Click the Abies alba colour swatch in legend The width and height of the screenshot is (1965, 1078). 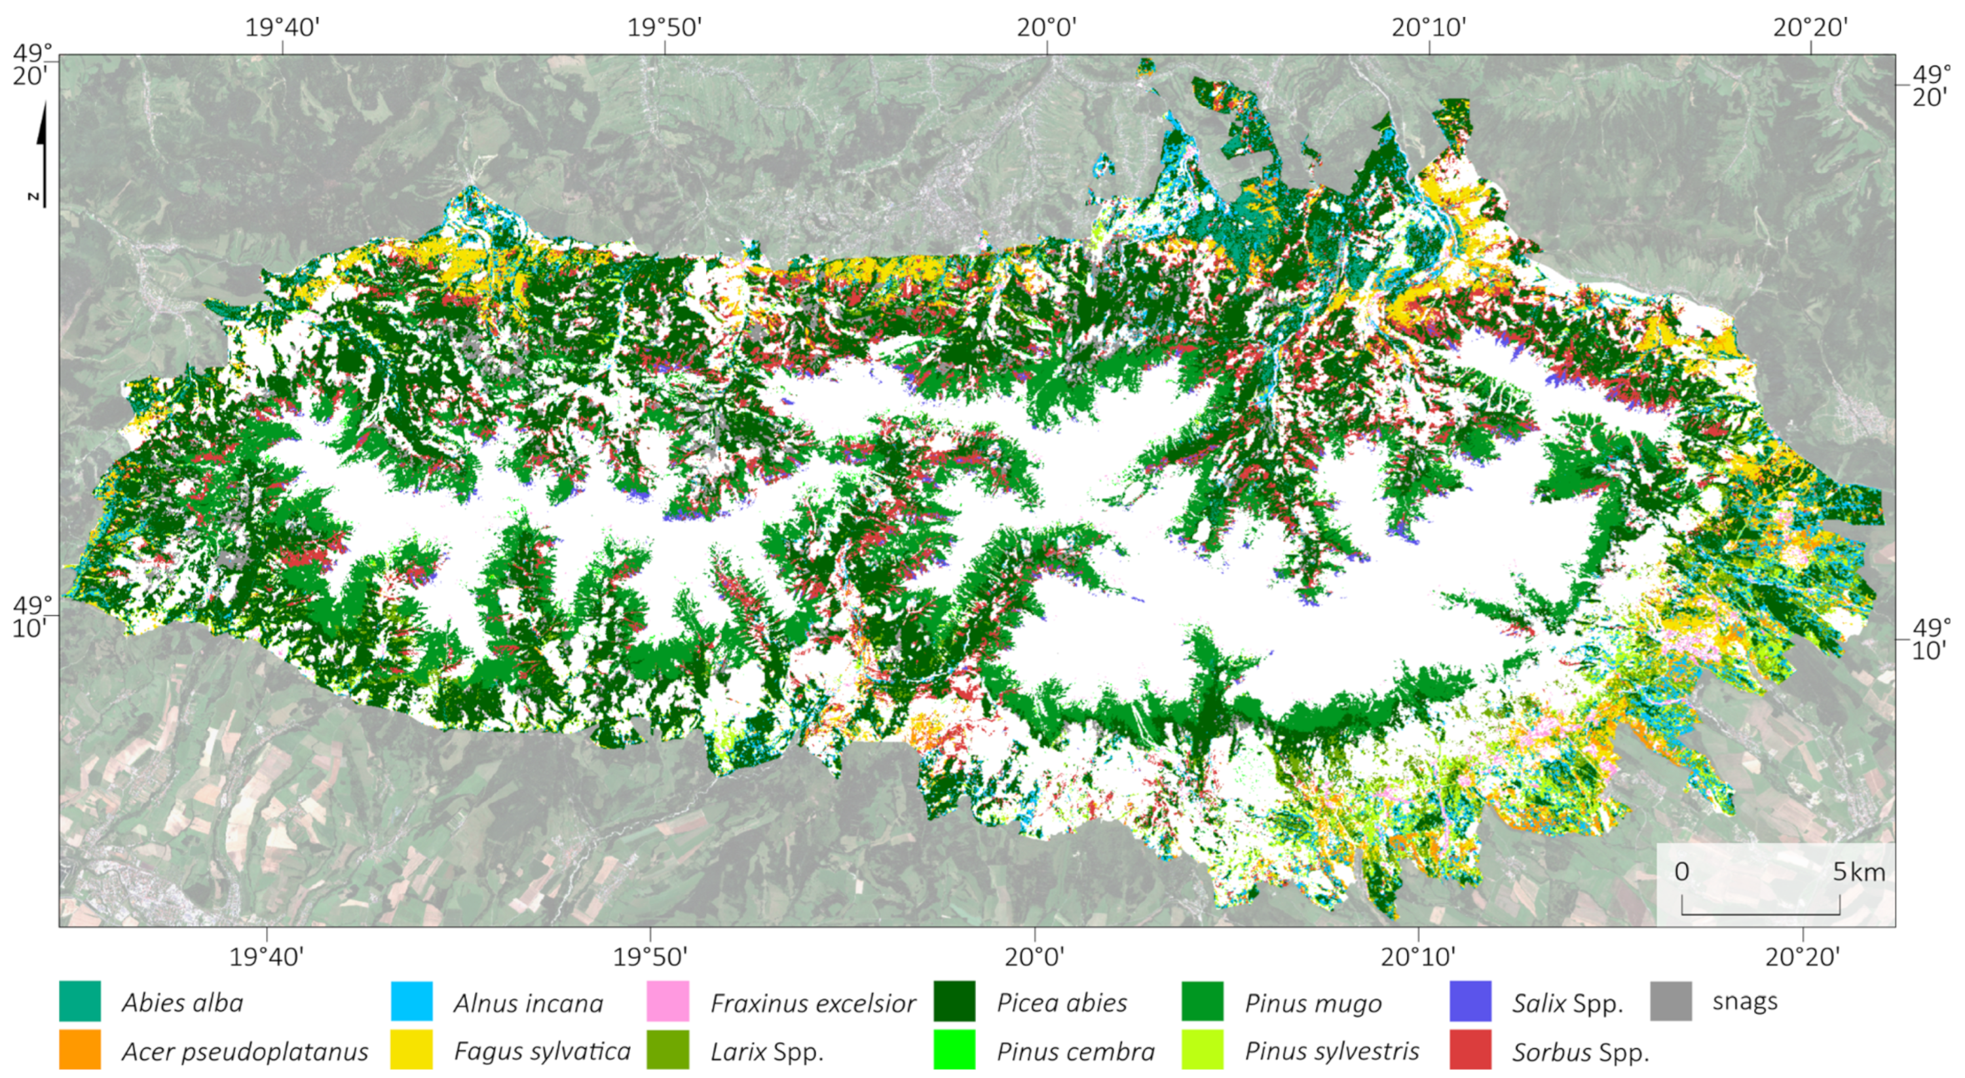79,1001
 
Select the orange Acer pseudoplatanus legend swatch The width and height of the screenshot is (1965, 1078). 79,1050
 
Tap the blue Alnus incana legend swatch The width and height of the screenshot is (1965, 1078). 411,1001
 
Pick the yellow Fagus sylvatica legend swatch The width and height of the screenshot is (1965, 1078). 411,1050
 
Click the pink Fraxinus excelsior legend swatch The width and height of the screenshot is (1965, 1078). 667,1001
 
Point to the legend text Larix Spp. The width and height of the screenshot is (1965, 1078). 766,1051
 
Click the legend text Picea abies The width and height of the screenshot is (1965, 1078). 1061,1003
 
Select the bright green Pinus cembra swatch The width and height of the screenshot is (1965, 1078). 954,1050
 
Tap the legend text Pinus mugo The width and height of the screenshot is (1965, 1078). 1313,1003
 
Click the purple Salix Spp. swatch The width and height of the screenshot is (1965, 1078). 1470,1001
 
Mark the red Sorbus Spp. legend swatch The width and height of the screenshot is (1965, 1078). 1470,1050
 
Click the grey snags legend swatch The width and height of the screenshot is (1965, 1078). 1670,1001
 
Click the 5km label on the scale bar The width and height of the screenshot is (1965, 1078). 1858,871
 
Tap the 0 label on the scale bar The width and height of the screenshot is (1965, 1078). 1682,871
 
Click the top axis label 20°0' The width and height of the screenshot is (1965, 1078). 1047,28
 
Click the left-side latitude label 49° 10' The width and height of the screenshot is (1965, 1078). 31,616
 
